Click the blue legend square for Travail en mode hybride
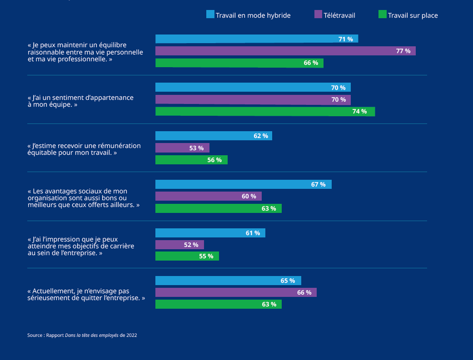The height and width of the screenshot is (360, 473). coord(210,15)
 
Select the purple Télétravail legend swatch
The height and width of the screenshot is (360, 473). coord(318,15)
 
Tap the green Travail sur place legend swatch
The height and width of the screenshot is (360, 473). coord(383,15)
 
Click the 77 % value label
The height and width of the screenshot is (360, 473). coord(403,51)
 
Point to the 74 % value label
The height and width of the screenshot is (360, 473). coord(359,112)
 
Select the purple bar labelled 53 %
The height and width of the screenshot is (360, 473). coord(182,148)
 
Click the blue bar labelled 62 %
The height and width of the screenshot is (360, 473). coord(214,136)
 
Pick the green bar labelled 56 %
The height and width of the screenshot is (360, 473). coord(191,160)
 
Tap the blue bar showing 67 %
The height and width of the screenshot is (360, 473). coord(243,184)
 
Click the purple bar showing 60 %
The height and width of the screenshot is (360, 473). coord(208,196)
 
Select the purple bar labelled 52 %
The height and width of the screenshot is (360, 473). coord(179,245)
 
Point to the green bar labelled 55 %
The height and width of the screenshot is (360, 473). coord(187,256)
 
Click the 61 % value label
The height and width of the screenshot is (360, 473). coord(253,233)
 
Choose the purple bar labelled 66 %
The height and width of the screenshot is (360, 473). coord(236,292)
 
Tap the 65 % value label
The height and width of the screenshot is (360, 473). coord(288,281)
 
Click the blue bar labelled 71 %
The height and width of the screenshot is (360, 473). coord(256,39)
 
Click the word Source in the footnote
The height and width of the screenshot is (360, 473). coord(35,335)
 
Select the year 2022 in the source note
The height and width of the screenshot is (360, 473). coord(131,335)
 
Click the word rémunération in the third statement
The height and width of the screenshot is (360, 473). coord(119,146)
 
